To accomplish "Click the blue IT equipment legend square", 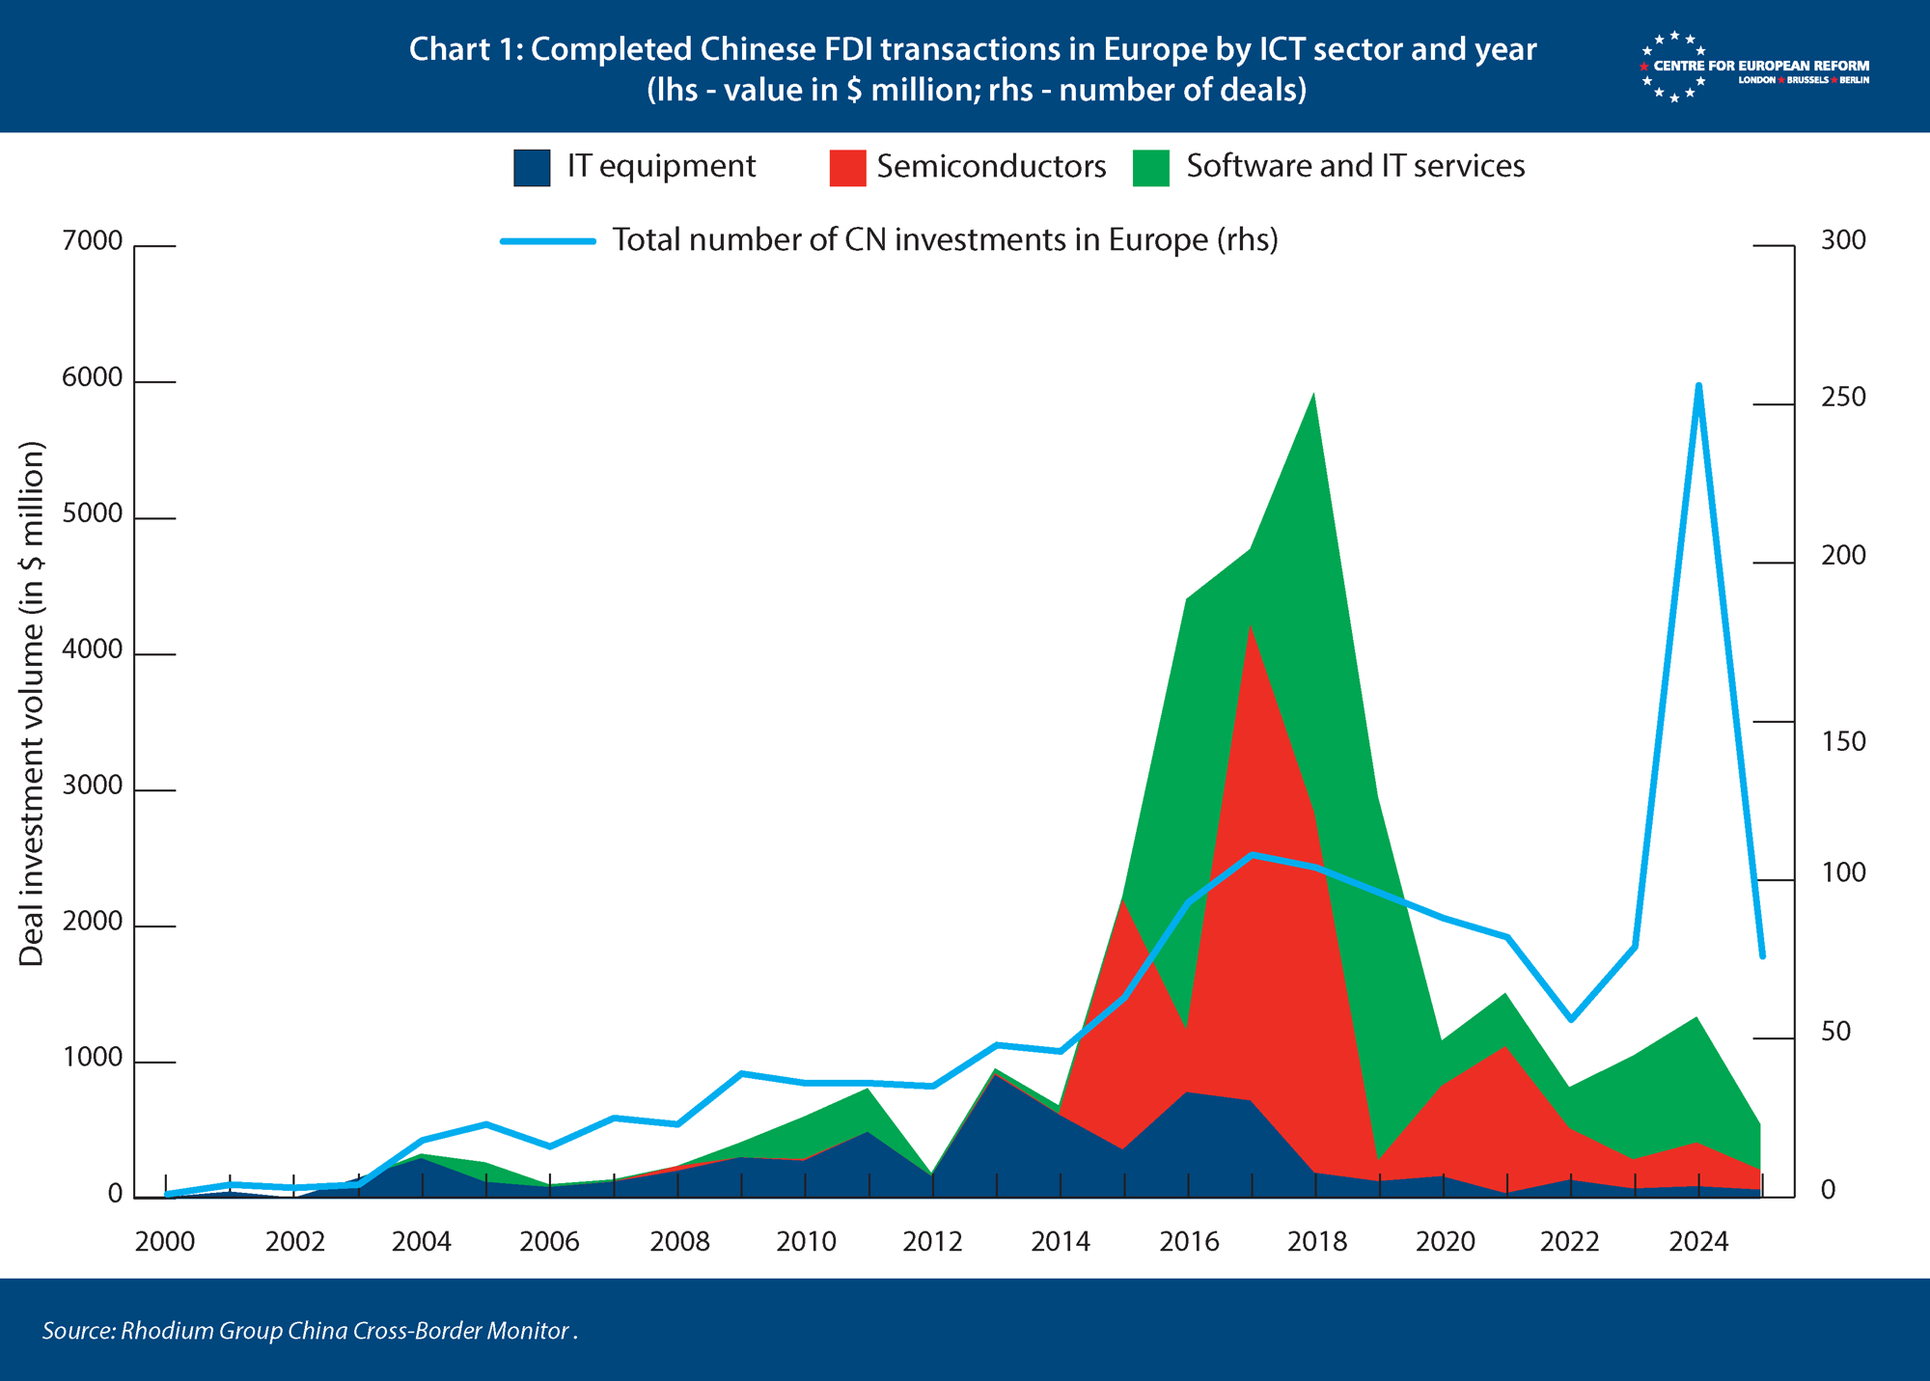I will pos(532,167).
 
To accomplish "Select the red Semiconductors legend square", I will pos(847,167).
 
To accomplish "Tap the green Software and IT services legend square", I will pos(1151,167).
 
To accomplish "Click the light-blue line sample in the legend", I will pos(548,240).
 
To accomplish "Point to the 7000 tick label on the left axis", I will pos(93,240).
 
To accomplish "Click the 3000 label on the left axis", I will pos(93,786).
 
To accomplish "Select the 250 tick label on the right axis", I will pos(1843,397).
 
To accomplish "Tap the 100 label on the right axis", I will pos(1843,872).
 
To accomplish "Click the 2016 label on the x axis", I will pos(1189,1241).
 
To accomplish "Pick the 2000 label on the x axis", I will pos(165,1241).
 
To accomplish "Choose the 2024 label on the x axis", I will pos(1698,1241).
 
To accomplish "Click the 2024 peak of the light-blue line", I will pos(1698,386).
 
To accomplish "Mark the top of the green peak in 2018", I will pos(1313,394).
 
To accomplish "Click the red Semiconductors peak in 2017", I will pos(1252,625).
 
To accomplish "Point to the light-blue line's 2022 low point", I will pos(1571,1019).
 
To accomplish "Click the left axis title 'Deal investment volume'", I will pos(32,704).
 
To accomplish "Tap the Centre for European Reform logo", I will pos(1754,68).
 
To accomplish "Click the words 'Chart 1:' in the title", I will pos(465,49).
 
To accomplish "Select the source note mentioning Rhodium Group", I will pos(310,1331).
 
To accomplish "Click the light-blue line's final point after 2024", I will pos(1762,956).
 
